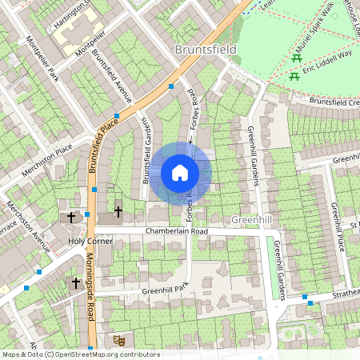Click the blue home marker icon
click(x=180, y=173)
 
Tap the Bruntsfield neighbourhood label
click(x=206, y=50)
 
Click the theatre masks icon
click(x=120, y=340)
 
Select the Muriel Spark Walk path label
click(x=314, y=34)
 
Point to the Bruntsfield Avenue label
click(x=111, y=77)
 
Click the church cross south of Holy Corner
click(x=77, y=283)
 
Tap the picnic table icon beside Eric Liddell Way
click(x=295, y=77)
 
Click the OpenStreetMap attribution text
click(x=80, y=354)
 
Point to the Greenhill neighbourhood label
click(x=252, y=219)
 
